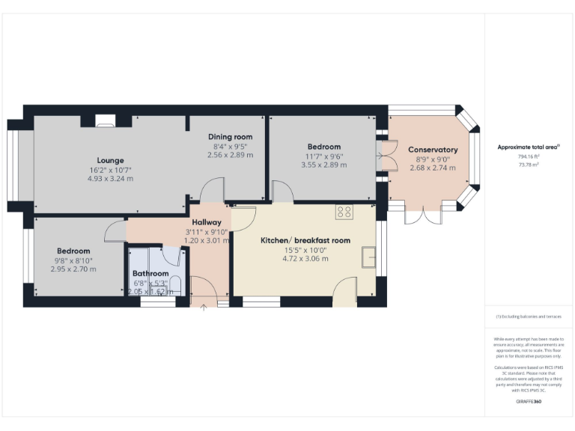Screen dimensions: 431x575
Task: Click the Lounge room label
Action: click(x=110, y=160)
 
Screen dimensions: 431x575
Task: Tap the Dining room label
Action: click(x=230, y=137)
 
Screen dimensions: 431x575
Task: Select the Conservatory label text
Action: click(x=433, y=150)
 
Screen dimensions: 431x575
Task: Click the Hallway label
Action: click(x=206, y=222)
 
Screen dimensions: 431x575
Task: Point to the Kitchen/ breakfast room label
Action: click(x=305, y=240)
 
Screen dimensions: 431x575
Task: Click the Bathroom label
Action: click(x=150, y=274)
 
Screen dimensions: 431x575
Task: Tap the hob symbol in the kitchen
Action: click(x=344, y=213)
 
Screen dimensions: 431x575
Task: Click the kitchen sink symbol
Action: click(x=368, y=257)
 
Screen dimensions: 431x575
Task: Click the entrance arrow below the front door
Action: click(x=204, y=306)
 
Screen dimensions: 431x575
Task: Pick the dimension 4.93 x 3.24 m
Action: click(x=110, y=179)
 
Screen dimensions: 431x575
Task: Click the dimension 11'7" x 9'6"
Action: click(x=323, y=156)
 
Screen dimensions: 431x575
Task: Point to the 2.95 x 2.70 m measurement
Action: click(x=73, y=269)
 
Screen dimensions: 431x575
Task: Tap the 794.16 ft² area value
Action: click(x=529, y=156)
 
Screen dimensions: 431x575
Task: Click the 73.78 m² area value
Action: click(x=529, y=164)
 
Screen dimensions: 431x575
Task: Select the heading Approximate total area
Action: click(x=528, y=147)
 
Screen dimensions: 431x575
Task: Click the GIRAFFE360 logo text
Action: click(x=529, y=402)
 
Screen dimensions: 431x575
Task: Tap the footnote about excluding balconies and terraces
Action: click(x=529, y=317)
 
